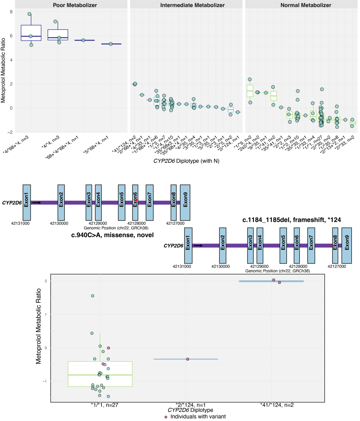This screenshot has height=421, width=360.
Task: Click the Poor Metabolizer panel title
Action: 75,5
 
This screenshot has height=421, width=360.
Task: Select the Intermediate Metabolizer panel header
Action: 192,5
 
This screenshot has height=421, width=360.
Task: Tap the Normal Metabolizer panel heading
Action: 306,5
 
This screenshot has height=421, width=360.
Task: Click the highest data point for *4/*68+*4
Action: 29,14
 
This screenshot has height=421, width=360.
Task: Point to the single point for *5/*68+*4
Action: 111,44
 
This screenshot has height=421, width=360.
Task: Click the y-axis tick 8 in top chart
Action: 11,12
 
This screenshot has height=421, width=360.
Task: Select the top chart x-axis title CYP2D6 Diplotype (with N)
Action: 186,161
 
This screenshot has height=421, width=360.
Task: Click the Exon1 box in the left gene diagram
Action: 27,202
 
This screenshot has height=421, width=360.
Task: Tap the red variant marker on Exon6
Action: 136,200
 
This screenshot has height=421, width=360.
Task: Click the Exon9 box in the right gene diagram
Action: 347,245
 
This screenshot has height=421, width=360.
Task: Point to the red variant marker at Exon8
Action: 333,246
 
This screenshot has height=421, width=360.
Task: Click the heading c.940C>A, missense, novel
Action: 112,235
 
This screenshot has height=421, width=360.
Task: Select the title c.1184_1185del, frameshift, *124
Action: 291,220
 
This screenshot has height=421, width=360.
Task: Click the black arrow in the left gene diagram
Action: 37,202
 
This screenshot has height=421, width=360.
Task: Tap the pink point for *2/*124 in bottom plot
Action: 188,359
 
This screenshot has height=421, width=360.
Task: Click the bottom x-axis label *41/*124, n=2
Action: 277,405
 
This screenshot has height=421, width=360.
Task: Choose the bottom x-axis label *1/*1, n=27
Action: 104,405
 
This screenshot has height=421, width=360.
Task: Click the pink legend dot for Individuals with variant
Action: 166,417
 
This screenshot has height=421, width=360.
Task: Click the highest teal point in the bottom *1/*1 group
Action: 93,296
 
